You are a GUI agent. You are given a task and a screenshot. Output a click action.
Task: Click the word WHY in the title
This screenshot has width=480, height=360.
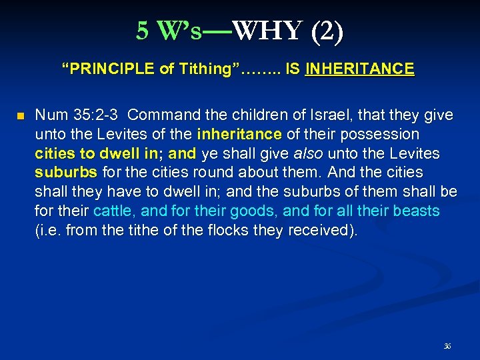point(273,31)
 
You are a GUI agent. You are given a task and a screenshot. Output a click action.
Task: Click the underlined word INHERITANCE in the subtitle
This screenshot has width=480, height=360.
point(359,69)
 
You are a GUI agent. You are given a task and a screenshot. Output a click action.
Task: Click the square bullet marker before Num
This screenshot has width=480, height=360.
point(20,117)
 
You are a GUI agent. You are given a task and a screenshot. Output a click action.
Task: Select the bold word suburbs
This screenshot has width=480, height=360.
point(65,173)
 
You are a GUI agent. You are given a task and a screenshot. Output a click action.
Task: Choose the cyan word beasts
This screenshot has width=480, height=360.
point(415,212)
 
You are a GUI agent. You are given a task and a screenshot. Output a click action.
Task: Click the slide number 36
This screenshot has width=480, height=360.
point(447,346)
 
